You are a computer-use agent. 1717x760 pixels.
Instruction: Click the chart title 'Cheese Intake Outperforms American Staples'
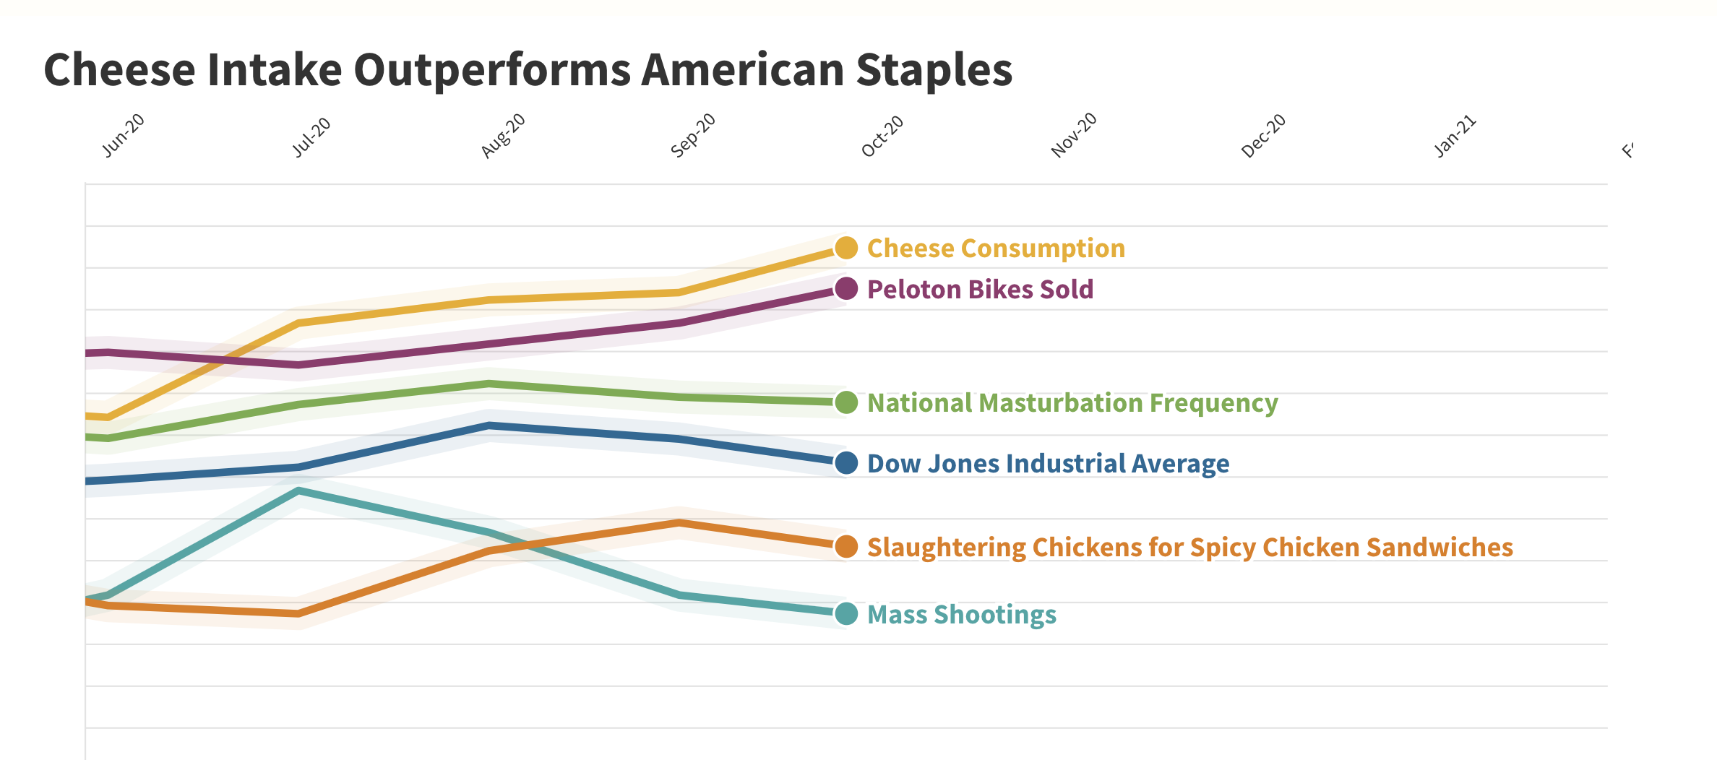[x=528, y=70]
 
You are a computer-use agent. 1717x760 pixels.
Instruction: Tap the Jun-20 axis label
[x=124, y=135]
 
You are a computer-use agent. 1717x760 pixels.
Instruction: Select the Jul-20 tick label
[x=311, y=137]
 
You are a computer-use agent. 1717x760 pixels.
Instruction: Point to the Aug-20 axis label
[x=503, y=135]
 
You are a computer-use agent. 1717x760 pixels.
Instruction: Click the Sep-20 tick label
[x=692, y=135]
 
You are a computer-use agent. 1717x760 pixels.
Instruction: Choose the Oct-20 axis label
[x=882, y=136]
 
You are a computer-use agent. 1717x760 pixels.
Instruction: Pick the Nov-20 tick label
[x=1074, y=135]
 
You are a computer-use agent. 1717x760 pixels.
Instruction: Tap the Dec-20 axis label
[x=1264, y=135]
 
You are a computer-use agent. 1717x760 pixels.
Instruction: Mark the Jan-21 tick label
[x=1455, y=136]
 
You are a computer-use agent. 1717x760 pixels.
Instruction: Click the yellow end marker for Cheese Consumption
[x=846, y=248]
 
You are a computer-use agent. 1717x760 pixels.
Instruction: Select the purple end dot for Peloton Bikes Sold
[x=846, y=289]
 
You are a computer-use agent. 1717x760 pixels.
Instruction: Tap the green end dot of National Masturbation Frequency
[x=846, y=402]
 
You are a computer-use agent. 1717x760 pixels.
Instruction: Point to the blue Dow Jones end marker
[x=846, y=463]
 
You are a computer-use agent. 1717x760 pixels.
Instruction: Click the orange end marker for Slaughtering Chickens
[x=846, y=547]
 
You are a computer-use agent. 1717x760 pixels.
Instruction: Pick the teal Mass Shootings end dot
[x=846, y=614]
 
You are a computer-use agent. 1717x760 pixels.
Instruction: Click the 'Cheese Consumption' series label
[x=996, y=249]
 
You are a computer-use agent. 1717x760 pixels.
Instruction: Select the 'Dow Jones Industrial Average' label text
[x=1048, y=464]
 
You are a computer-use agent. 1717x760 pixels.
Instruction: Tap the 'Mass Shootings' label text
[x=961, y=615]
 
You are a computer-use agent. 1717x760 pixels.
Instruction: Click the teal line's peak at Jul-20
[x=299, y=491]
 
